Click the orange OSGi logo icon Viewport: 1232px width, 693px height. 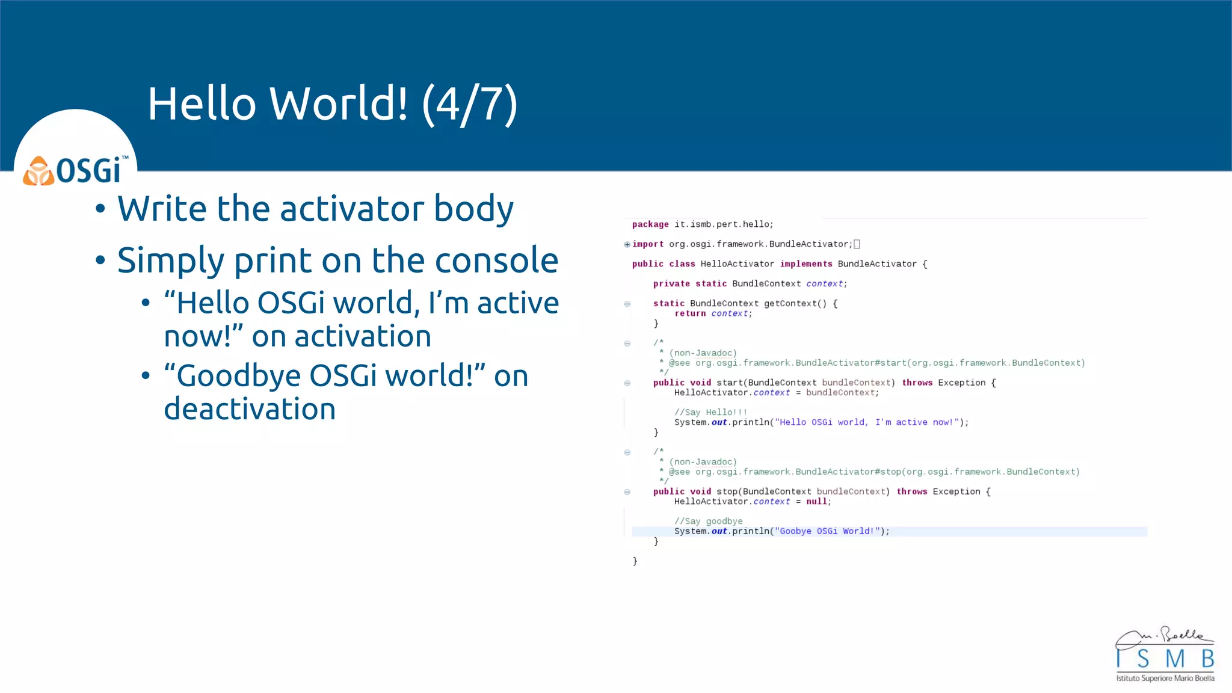point(38,171)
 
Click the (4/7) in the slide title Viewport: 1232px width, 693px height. point(469,104)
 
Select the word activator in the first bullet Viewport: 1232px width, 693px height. point(352,209)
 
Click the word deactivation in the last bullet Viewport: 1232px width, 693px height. point(250,410)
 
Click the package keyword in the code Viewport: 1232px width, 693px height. point(650,224)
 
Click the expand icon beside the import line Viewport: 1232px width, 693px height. point(627,244)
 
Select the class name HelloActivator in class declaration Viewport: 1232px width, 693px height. point(737,264)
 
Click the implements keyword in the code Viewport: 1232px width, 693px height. point(806,264)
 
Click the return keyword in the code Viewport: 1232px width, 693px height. point(690,313)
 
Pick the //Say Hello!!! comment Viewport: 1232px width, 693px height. point(710,413)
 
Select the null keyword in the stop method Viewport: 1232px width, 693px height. point(817,502)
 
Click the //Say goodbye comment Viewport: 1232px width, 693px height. point(708,522)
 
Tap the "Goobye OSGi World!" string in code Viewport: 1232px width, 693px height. point(827,531)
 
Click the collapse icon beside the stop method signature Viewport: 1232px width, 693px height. point(627,492)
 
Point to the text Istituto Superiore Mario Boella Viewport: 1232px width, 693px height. point(1165,679)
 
